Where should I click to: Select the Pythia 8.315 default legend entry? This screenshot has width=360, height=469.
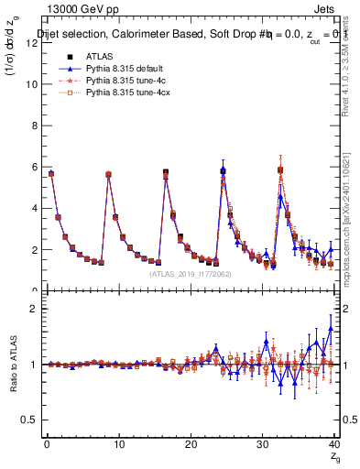tap(111, 69)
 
